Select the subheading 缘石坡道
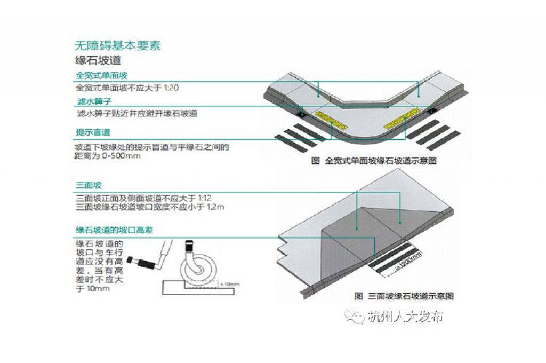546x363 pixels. pyautogui.click(x=98, y=60)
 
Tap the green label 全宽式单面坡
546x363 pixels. pyautogui.click(x=102, y=75)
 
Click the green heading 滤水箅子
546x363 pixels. pyautogui.click(x=94, y=101)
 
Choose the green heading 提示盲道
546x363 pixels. pyautogui.click(x=93, y=132)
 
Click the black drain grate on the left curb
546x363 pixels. pyautogui.click(x=302, y=113)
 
